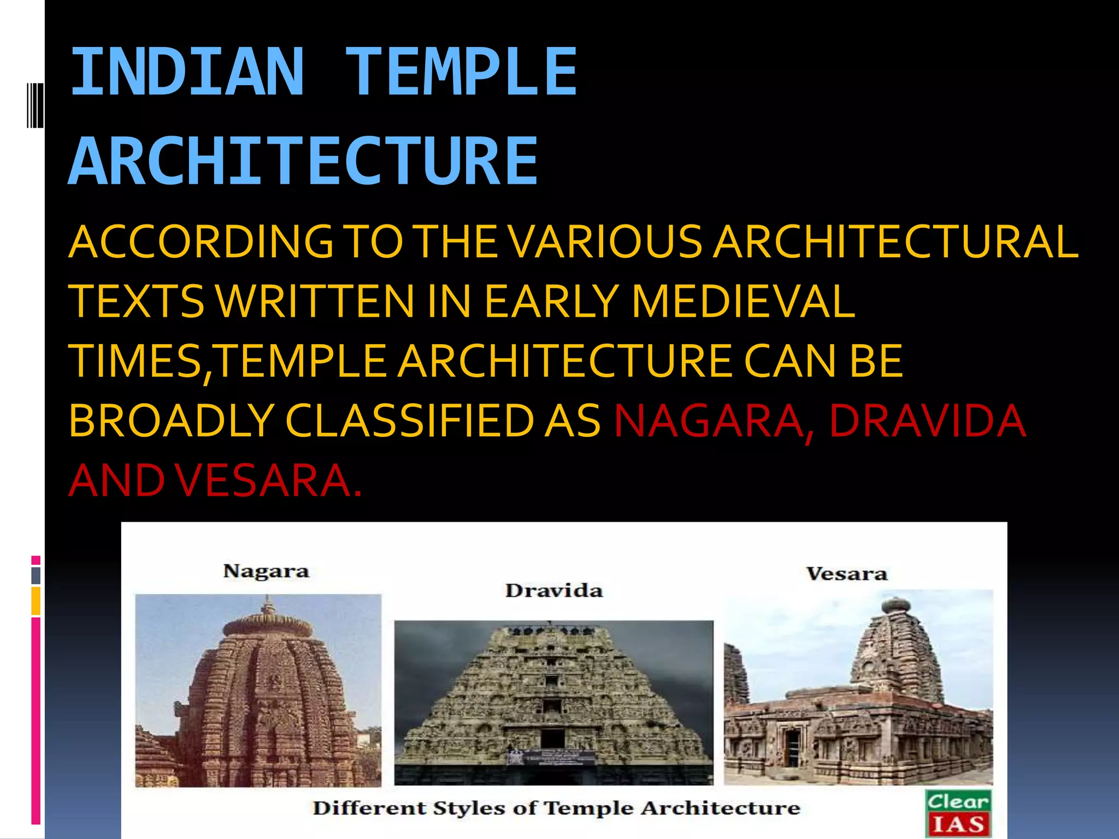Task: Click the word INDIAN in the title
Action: (x=187, y=72)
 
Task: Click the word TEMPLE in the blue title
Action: (x=461, y=72)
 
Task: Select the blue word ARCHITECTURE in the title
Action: (x=304, y=161)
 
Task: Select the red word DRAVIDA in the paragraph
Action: (x=927, y=421)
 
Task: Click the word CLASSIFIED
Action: (x=410, y=421)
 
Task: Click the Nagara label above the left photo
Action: (x=266, y=571)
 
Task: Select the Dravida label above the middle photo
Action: (x=553, y=590)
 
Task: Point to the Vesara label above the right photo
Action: (x=847, y=574)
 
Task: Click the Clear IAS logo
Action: (x=958, y=813)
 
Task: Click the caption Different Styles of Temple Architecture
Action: (x=556, y=808)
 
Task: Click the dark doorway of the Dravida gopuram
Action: (x=552, y=738)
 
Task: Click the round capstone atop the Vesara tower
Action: (x=896, y=605)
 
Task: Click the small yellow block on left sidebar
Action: (x=36, y=601)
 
